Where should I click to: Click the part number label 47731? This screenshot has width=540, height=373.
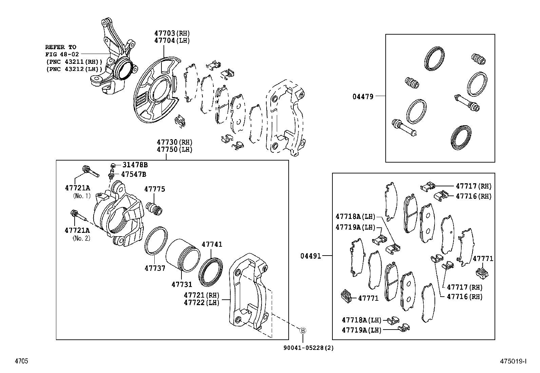click(x=181, y=285)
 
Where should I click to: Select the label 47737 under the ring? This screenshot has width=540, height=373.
click(x=155, y=268)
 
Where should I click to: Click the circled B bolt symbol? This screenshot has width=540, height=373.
click(x=303, y=330)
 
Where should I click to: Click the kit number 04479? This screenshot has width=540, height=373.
click(x=363, y=97)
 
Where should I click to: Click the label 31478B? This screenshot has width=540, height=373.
click(x=135, y=165)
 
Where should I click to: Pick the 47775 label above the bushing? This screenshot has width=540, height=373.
click(x=154, y=189)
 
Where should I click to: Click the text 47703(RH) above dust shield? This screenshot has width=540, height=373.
click(x=172, y=33)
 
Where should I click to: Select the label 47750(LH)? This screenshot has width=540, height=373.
click(x=174, y=150)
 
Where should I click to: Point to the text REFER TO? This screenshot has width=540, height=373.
click(x=61, y=47)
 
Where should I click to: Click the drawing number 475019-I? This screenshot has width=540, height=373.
click(x=513, y=361)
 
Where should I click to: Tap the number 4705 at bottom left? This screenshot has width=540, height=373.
click(x=21, y=361)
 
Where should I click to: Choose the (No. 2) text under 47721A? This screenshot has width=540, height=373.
click(x=81, y=238)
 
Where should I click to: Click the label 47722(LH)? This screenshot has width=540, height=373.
click(x=201, y=302)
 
